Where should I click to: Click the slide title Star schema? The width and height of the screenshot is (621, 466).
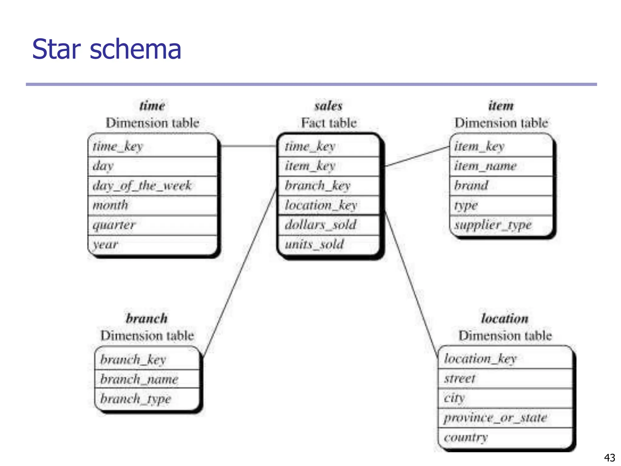(x=106, y=49)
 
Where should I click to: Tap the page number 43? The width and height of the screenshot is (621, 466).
(x=609, y=458)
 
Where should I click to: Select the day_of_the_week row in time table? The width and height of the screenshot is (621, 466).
(x=142, y=185)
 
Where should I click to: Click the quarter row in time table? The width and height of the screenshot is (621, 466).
(x=114, y=225)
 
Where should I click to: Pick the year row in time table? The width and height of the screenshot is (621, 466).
(x=105, y=244)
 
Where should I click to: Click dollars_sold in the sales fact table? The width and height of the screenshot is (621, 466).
(x=320, y=225)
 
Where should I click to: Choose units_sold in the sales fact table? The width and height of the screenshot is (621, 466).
(x=314, y=244)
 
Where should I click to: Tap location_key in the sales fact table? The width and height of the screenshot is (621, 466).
(x=321, y=205)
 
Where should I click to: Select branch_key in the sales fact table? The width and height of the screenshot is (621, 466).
(x=317, y=185)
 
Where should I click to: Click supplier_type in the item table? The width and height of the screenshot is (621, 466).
(x=493, y=225)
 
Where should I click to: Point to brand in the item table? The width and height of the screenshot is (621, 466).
(x=471, y=185)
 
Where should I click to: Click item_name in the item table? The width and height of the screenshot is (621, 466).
(x=485, y=166)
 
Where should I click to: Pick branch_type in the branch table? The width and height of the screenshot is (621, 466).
(x=136, y=399)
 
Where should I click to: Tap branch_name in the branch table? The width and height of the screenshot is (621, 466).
(x=139, y=379)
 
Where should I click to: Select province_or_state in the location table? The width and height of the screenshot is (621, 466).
(x=495, y=418)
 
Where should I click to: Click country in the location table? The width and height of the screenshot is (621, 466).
(x=466, y=437)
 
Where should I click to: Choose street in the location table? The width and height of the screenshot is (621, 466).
(x=460, y=379)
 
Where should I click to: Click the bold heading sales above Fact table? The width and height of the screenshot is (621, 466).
(x=328, y=106)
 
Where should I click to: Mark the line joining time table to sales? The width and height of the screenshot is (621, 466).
(x=249, y=146)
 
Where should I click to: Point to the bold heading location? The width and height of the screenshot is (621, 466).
(x=505, y=319)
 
